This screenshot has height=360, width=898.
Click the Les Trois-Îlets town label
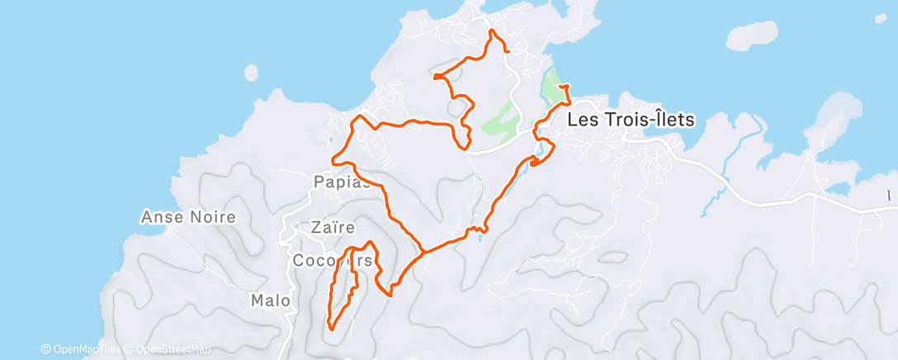tap(631, 119)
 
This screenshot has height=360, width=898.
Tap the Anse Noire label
tap(189, 218)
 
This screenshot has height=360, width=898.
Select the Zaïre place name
tap(333, 227)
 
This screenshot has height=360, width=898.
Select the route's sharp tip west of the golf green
tap(433, 77)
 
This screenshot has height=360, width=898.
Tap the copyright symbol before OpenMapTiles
tap(45, 350)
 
